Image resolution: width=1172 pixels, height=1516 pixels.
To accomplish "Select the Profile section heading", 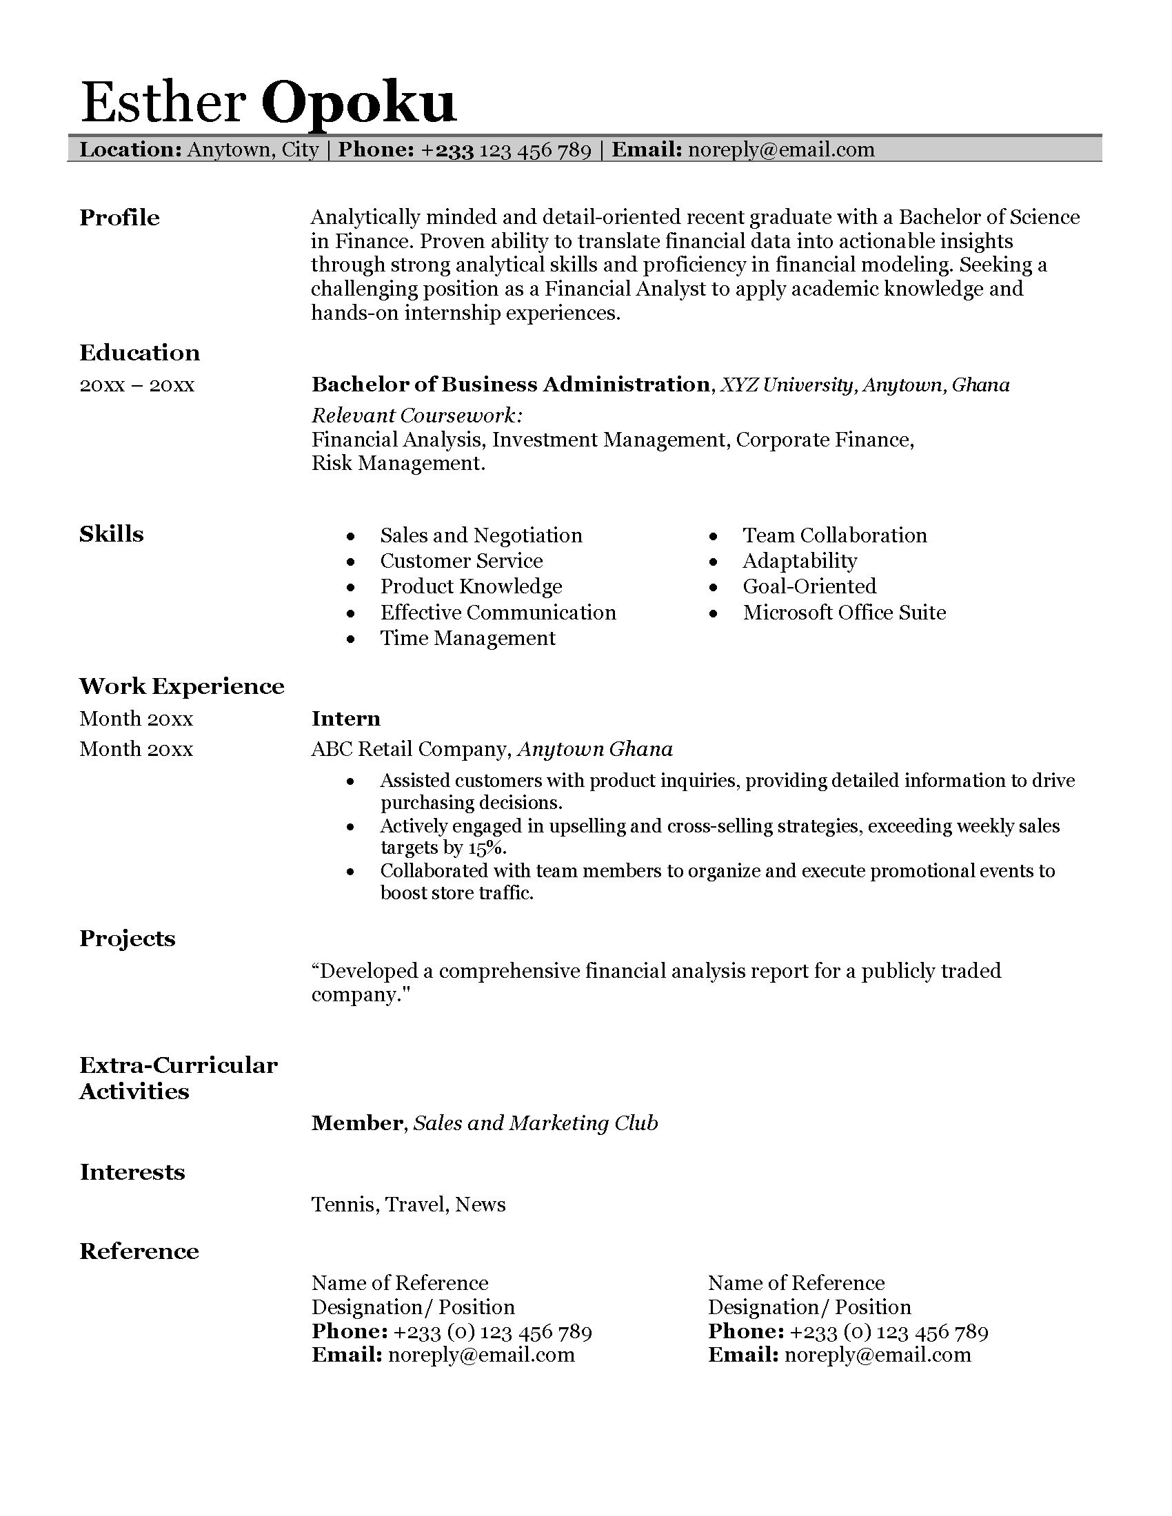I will point(119,218).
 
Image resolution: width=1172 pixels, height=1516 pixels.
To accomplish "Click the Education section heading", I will point(139,353).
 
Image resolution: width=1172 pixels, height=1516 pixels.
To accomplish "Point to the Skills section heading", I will point(111,534).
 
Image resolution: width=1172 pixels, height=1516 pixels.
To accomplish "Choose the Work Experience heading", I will point(181,686).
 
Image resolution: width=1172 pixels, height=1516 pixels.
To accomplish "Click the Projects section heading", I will point(127,939).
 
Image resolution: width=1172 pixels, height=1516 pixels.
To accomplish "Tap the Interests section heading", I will point(132,1171).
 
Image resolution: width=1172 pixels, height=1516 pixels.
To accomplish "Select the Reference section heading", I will point(139,1251).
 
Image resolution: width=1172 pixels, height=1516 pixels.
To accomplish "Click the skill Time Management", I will point(467,638).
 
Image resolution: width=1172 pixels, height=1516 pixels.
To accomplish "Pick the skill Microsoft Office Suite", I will point(844,612).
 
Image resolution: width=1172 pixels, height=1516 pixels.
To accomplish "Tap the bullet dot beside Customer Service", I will point(352,562).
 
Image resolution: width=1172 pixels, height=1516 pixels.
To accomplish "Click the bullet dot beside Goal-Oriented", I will point(714,588).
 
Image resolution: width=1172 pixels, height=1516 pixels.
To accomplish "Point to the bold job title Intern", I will point(346,719).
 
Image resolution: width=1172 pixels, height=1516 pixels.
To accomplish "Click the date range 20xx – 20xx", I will point(137,385).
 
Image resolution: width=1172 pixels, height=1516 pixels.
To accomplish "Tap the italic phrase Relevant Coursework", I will point(416,416).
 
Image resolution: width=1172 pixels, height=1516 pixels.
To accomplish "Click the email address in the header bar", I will point(780,150).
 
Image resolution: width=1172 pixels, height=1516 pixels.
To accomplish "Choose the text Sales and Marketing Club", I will point(535,1123).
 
